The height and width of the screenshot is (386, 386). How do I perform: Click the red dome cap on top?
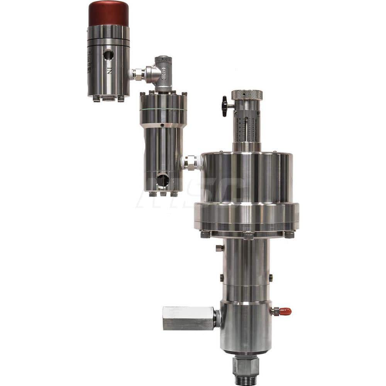(x=108, y=14)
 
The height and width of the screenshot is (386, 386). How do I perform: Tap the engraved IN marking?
(x=110, y=71)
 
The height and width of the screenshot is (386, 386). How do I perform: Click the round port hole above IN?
(x=108, y=55)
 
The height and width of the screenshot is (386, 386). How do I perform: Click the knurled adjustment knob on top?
(x=247, y=95)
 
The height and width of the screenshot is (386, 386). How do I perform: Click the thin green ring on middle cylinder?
(x=163, y=110)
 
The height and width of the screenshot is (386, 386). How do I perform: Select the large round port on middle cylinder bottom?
(x=163, y=180)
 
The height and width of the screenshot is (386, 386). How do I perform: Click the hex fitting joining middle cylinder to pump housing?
(x=190, y=163)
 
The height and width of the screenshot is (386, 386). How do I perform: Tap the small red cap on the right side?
(x=286, y=311)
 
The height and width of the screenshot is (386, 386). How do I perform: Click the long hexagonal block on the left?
(x=188, y=318)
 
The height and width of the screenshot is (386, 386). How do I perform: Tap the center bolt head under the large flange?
(x=249, y=235)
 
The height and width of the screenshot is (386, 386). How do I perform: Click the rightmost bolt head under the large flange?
(x=289, y=234)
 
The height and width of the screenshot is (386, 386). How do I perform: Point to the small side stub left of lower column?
(x=219, y=247)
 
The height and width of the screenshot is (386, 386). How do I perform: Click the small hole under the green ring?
(x=163, y=125)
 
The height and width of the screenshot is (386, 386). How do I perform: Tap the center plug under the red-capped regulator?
(x=108, y=99)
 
